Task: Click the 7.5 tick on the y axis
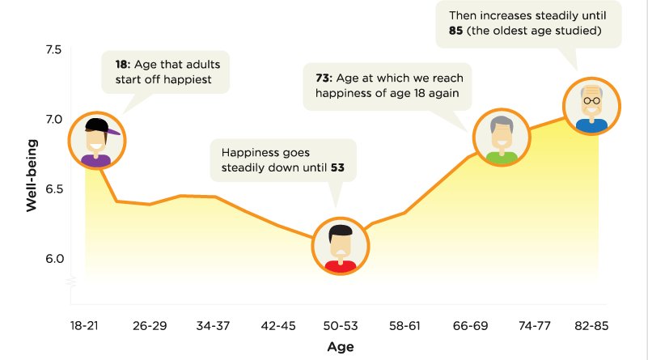(53, 49)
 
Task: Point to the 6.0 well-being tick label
(54, 259)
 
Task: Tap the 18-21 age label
(84, 326)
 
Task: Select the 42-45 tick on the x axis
(278, 326)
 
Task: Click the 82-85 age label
(591, 326)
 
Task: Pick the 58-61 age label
(404, 326)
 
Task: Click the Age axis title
(340, 346)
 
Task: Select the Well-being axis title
(32, 176)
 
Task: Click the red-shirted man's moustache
(341, 252)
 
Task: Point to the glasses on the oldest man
(592, 100)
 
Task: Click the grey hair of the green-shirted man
(502, 124)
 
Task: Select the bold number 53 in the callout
(337, 167)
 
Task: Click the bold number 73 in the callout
(324, 78)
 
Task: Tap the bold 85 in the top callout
(455, 31)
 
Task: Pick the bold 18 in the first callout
(122, 65)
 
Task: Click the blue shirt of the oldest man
(592, 125)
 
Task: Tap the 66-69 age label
(470, 326)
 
